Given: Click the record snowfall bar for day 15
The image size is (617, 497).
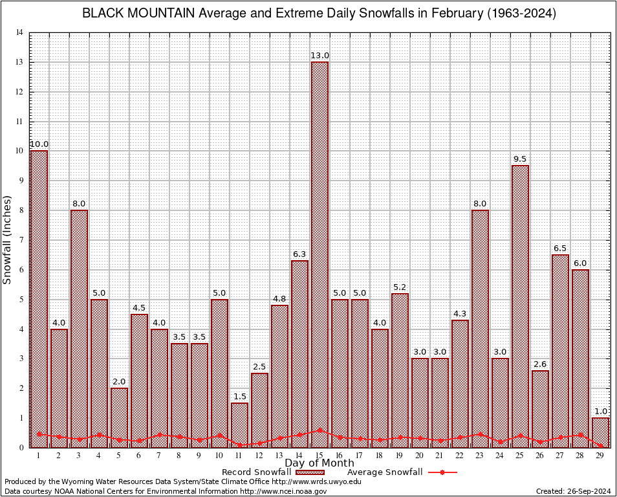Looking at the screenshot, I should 319,252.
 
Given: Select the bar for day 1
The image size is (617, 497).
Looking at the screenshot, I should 39,298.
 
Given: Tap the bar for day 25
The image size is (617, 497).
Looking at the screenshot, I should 520,304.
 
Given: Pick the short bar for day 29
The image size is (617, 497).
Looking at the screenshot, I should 600,432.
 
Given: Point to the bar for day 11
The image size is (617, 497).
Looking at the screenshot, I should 239,425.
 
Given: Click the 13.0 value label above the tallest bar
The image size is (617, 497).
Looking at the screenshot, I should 319,56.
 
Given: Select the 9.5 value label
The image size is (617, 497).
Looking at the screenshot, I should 520,159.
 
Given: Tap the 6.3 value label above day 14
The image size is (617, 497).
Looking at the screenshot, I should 299,254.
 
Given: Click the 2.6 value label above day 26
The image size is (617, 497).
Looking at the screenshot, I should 540,364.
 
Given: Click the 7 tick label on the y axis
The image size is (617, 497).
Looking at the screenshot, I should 21,240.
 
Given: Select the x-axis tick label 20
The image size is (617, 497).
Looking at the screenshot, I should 420,456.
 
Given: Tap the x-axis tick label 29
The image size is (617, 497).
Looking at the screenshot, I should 600,456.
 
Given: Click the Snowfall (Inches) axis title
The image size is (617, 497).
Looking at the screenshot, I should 7,239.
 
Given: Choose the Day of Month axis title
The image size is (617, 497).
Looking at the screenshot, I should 319,463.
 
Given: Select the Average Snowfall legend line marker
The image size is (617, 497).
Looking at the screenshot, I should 442,472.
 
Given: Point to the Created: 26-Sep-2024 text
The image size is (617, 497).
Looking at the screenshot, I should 574,491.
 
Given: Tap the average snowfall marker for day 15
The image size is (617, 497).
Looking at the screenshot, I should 319,430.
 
